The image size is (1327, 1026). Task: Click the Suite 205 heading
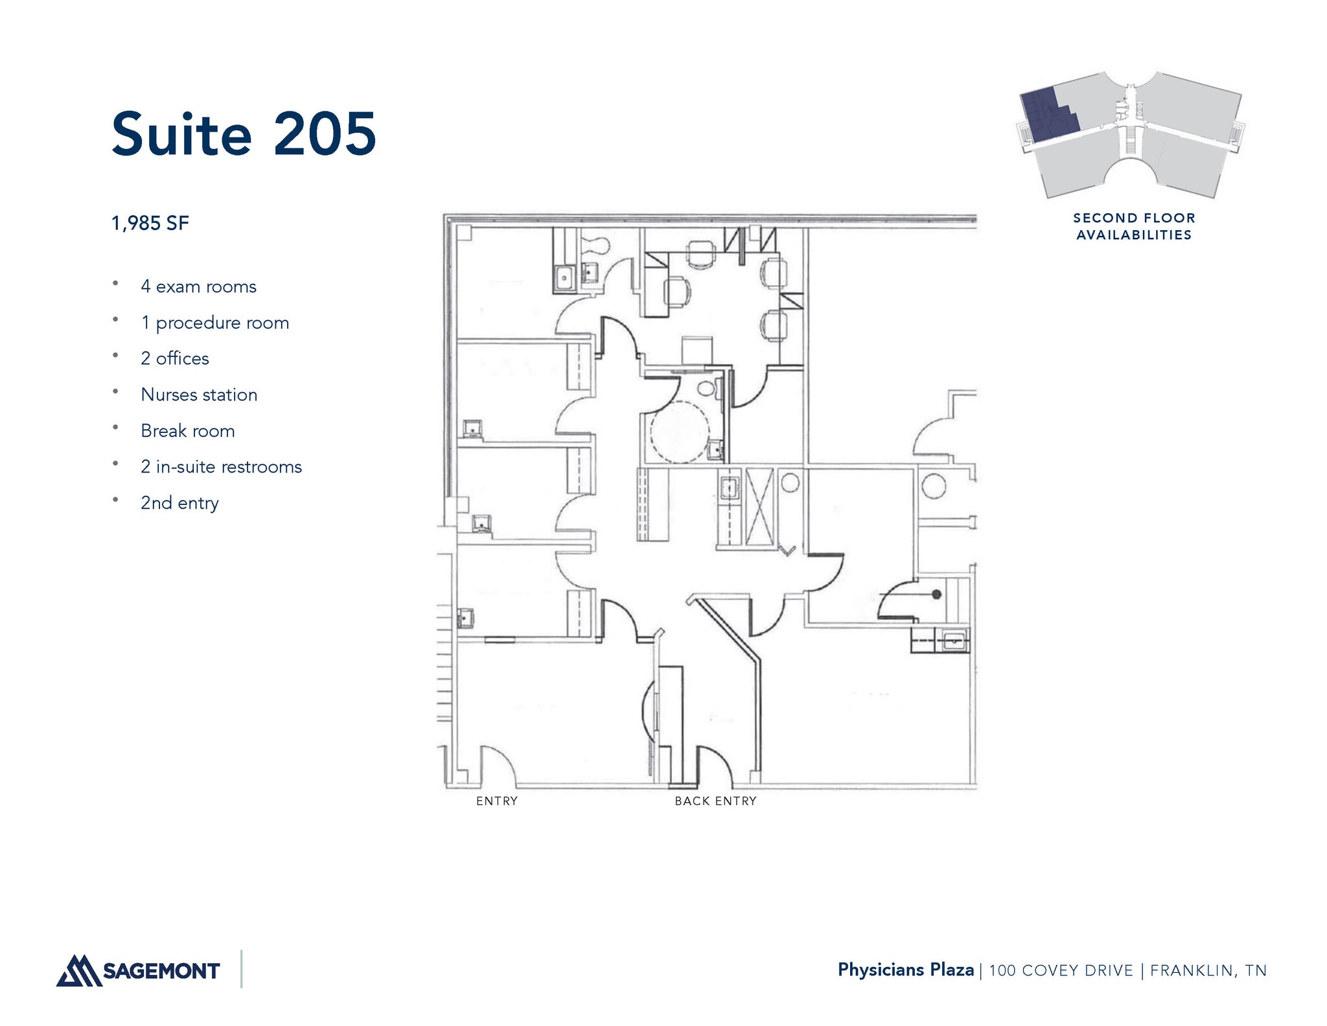tap(244, 134)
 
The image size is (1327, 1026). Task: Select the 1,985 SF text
tap(150, 224)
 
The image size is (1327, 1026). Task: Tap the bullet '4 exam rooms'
tap(198, 286)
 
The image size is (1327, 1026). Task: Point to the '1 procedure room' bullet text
tap(214, 323)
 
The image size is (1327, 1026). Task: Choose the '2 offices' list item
tap(175, 358)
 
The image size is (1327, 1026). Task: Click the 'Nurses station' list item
tap(199, 395)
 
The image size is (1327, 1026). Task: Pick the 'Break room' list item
tap(188, 431)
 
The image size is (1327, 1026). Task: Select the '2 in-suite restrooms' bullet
tap(221, 467)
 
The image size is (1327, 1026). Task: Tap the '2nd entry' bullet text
tap(179, 503)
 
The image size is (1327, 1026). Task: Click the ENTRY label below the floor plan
tap(497, 801)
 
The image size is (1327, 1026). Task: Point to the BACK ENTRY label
tap(715, 801)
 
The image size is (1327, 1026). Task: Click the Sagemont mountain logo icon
tap(78, 970)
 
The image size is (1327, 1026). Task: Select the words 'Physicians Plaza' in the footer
tap(905, 970)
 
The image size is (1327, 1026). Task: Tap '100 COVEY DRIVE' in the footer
tap(1061, 970)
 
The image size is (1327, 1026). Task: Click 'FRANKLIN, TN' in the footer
tap(1208, 970)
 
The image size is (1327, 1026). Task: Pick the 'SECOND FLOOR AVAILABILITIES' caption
tap(1134, 226)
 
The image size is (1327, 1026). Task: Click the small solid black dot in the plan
tap(936, 594)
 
